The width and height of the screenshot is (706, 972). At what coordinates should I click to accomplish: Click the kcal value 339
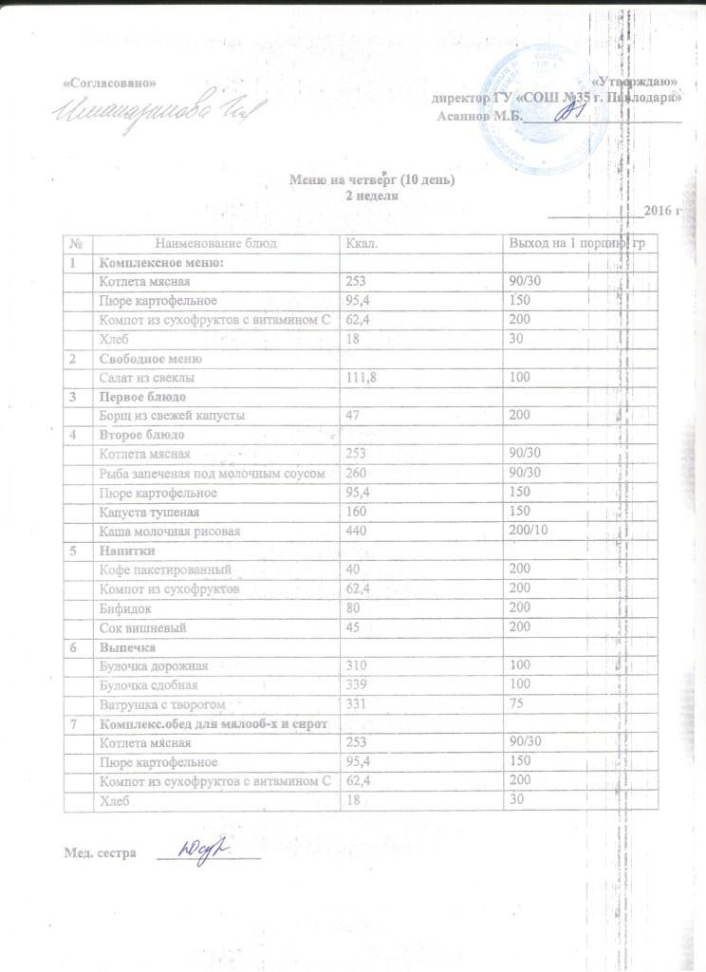tap(357, 684)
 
